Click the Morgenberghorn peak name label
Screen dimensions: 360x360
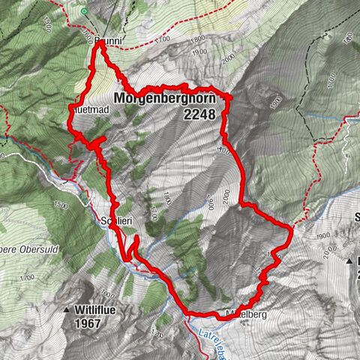(x=163, y=99)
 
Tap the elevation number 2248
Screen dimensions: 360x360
(x=198, y=115)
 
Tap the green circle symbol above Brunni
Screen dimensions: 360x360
(x=84, y=11)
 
